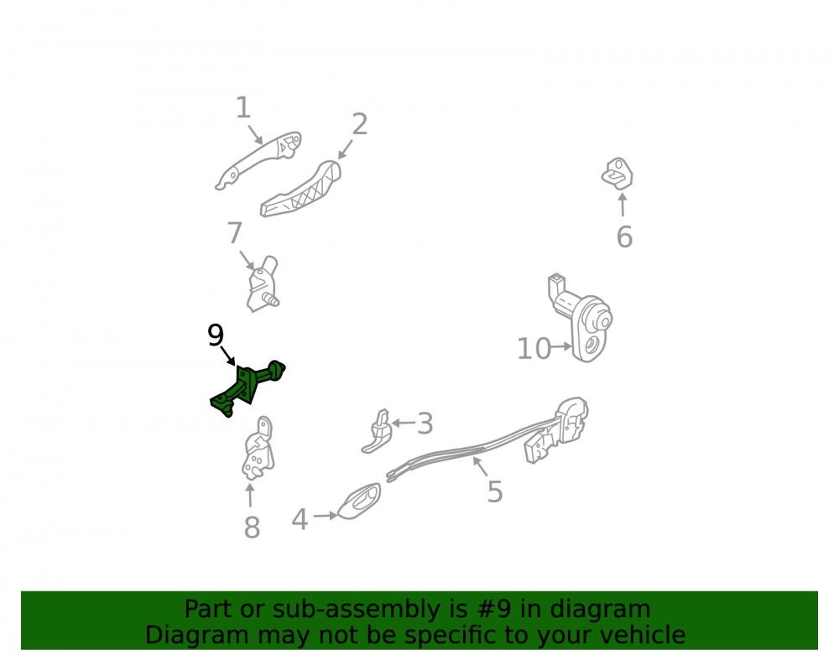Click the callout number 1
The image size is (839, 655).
243,107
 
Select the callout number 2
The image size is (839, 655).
360,124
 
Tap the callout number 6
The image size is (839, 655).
624,237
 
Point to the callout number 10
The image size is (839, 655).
534,349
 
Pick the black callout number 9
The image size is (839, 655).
216,335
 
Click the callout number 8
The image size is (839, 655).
252,528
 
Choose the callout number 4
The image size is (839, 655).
300,519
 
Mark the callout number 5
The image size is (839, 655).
495,491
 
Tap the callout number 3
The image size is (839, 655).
425,424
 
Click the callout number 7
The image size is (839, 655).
235,233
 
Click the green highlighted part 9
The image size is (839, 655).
246,388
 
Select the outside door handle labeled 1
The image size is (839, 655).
258,160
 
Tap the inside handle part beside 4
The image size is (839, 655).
359,502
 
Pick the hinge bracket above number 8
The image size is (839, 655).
258,448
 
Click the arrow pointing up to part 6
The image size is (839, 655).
623,205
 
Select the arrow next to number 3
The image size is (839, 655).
403,423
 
